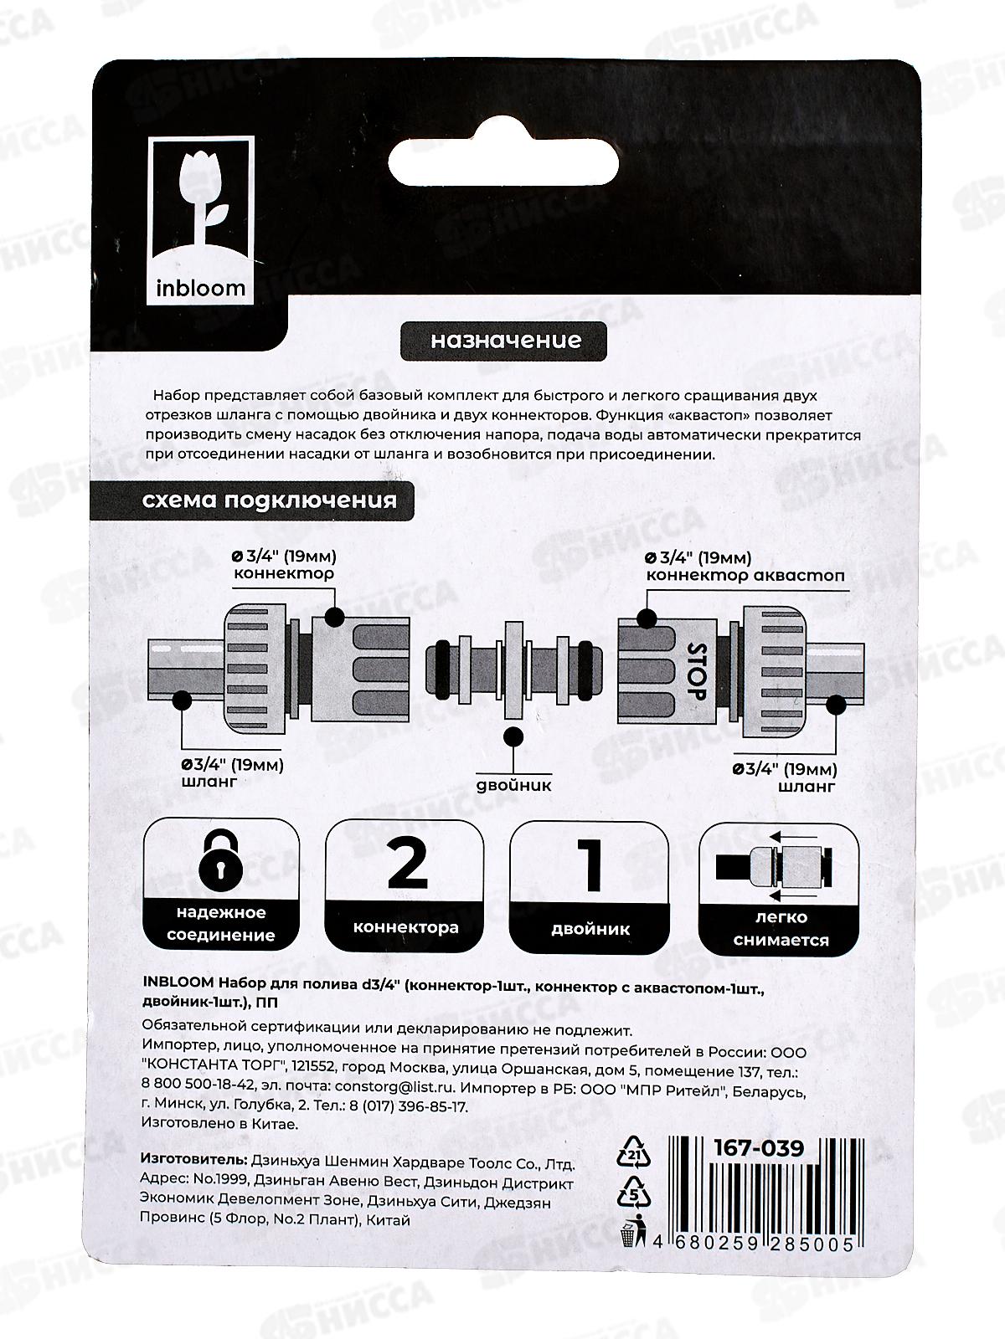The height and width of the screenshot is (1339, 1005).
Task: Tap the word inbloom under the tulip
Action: pos(201,289)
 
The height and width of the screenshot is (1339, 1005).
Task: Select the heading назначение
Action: pos(506,341)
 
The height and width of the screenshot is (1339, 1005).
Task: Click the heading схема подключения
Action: pos(269,500)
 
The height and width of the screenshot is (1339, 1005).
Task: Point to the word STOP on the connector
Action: pos(697,670)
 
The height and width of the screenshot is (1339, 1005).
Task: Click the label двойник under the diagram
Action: pos(514,786)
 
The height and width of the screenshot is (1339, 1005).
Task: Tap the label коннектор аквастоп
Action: pos(745,576)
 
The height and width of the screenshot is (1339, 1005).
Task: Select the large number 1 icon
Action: pos(591,865)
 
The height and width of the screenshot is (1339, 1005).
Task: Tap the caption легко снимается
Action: pos(781,929)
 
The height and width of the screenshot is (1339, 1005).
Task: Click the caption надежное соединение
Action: pos(221,924)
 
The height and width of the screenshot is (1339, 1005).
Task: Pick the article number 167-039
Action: pos(758,1148)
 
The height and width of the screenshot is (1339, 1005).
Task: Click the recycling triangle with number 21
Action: pos(632,1152)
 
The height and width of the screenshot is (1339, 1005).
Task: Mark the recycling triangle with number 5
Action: pos(632,1191)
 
